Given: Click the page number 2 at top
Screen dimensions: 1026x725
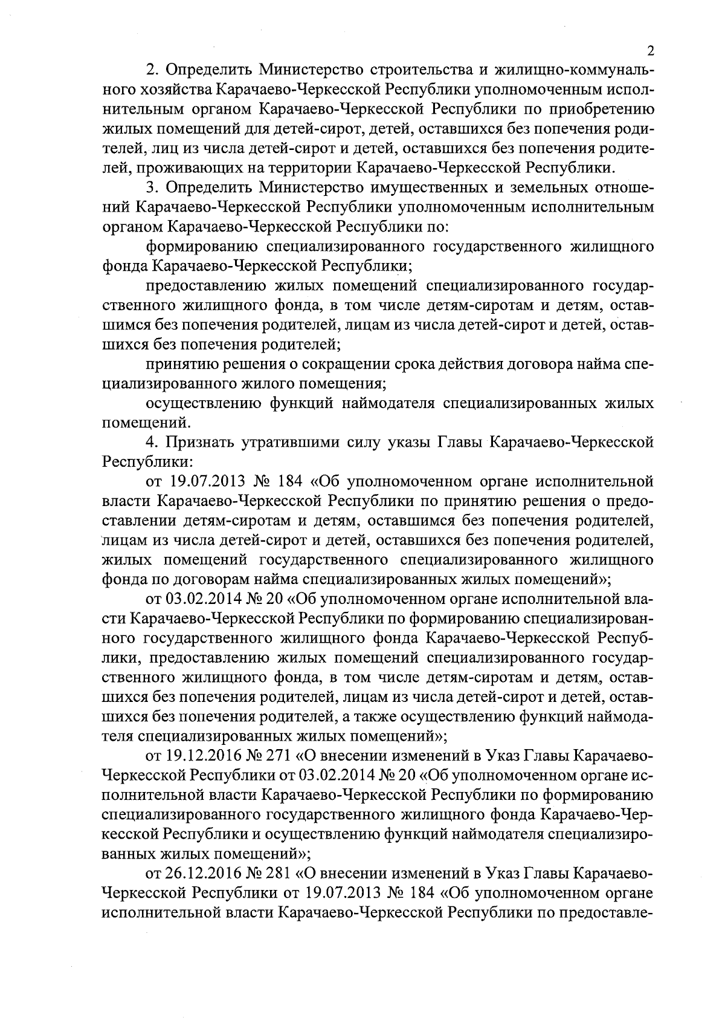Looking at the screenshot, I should point(649,50).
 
